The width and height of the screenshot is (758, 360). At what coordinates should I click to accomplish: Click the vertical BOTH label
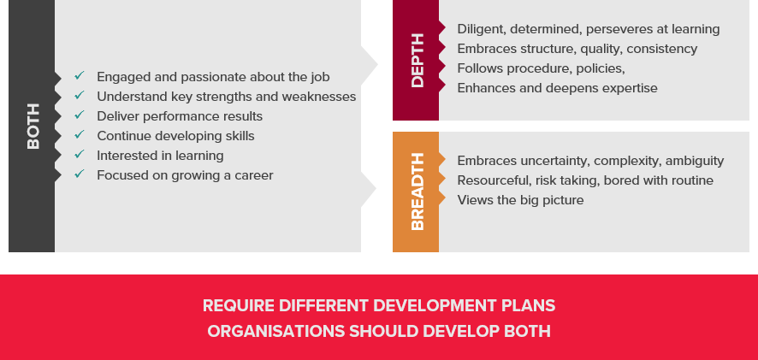coord(33,126)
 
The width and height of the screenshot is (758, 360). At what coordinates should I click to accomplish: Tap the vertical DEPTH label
coord(417,61)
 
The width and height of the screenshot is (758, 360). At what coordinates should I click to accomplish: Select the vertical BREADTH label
coord(417,192)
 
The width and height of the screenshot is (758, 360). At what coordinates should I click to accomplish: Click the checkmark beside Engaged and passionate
coord(80,76)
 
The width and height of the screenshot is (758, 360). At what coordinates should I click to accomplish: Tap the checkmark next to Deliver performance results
coord(80,115)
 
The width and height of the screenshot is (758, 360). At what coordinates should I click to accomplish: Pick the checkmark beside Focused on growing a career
coord(80,174)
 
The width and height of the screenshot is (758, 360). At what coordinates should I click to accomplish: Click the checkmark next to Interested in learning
coord(80,154)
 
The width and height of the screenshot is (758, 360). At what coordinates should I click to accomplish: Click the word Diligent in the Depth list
coord(482,30)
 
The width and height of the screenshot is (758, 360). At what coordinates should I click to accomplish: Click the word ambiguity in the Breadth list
coord(695,162)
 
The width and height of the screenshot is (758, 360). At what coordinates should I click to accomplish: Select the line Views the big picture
coord(521,201)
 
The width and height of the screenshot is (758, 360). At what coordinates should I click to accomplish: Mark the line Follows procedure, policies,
coord(541,69)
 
